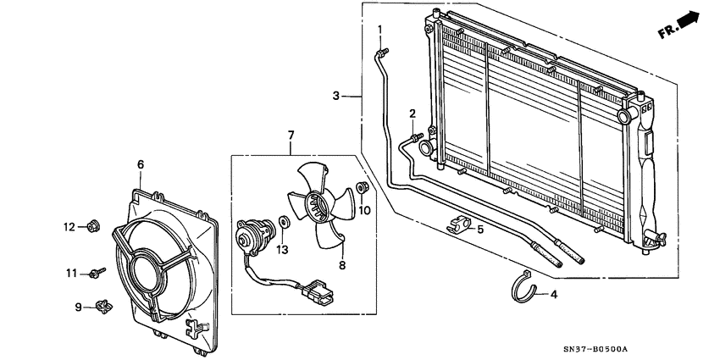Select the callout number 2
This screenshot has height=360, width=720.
point(413,114)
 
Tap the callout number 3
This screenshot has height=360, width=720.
point(336,96)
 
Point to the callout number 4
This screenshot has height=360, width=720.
point(554,295)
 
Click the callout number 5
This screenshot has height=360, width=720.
point(479,229)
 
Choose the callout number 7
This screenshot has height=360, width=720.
point(291,135)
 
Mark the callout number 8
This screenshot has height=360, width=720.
point(343,265)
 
